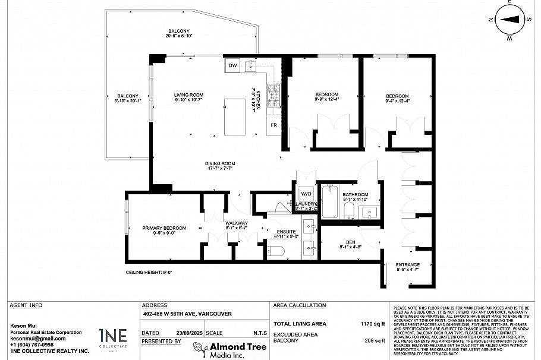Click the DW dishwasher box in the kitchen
pos(232,66)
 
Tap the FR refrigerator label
pos(273,125)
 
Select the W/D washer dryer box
pos(306,194)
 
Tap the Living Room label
pos(188,95)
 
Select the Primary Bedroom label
pos(163,228)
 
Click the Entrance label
pos(408,265)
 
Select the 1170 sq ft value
pos(373,324)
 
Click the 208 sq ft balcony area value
pos(375,341)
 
